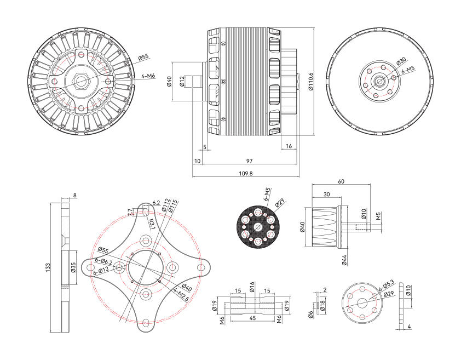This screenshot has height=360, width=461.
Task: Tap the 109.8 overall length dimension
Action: [246, 173]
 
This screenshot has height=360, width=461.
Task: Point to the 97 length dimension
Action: [250, 161]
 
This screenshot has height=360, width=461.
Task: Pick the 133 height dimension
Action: [48, 267]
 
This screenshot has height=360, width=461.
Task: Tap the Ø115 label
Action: [173, 206]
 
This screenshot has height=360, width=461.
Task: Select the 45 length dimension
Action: [252, 317]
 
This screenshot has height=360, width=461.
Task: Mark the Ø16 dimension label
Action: [252, 287]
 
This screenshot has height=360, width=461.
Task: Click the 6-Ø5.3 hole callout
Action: [387, 284]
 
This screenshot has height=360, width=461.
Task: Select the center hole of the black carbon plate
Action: [258, 226]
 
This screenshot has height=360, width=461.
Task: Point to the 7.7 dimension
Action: [130, 211]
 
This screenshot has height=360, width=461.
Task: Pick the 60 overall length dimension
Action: [341, 181]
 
